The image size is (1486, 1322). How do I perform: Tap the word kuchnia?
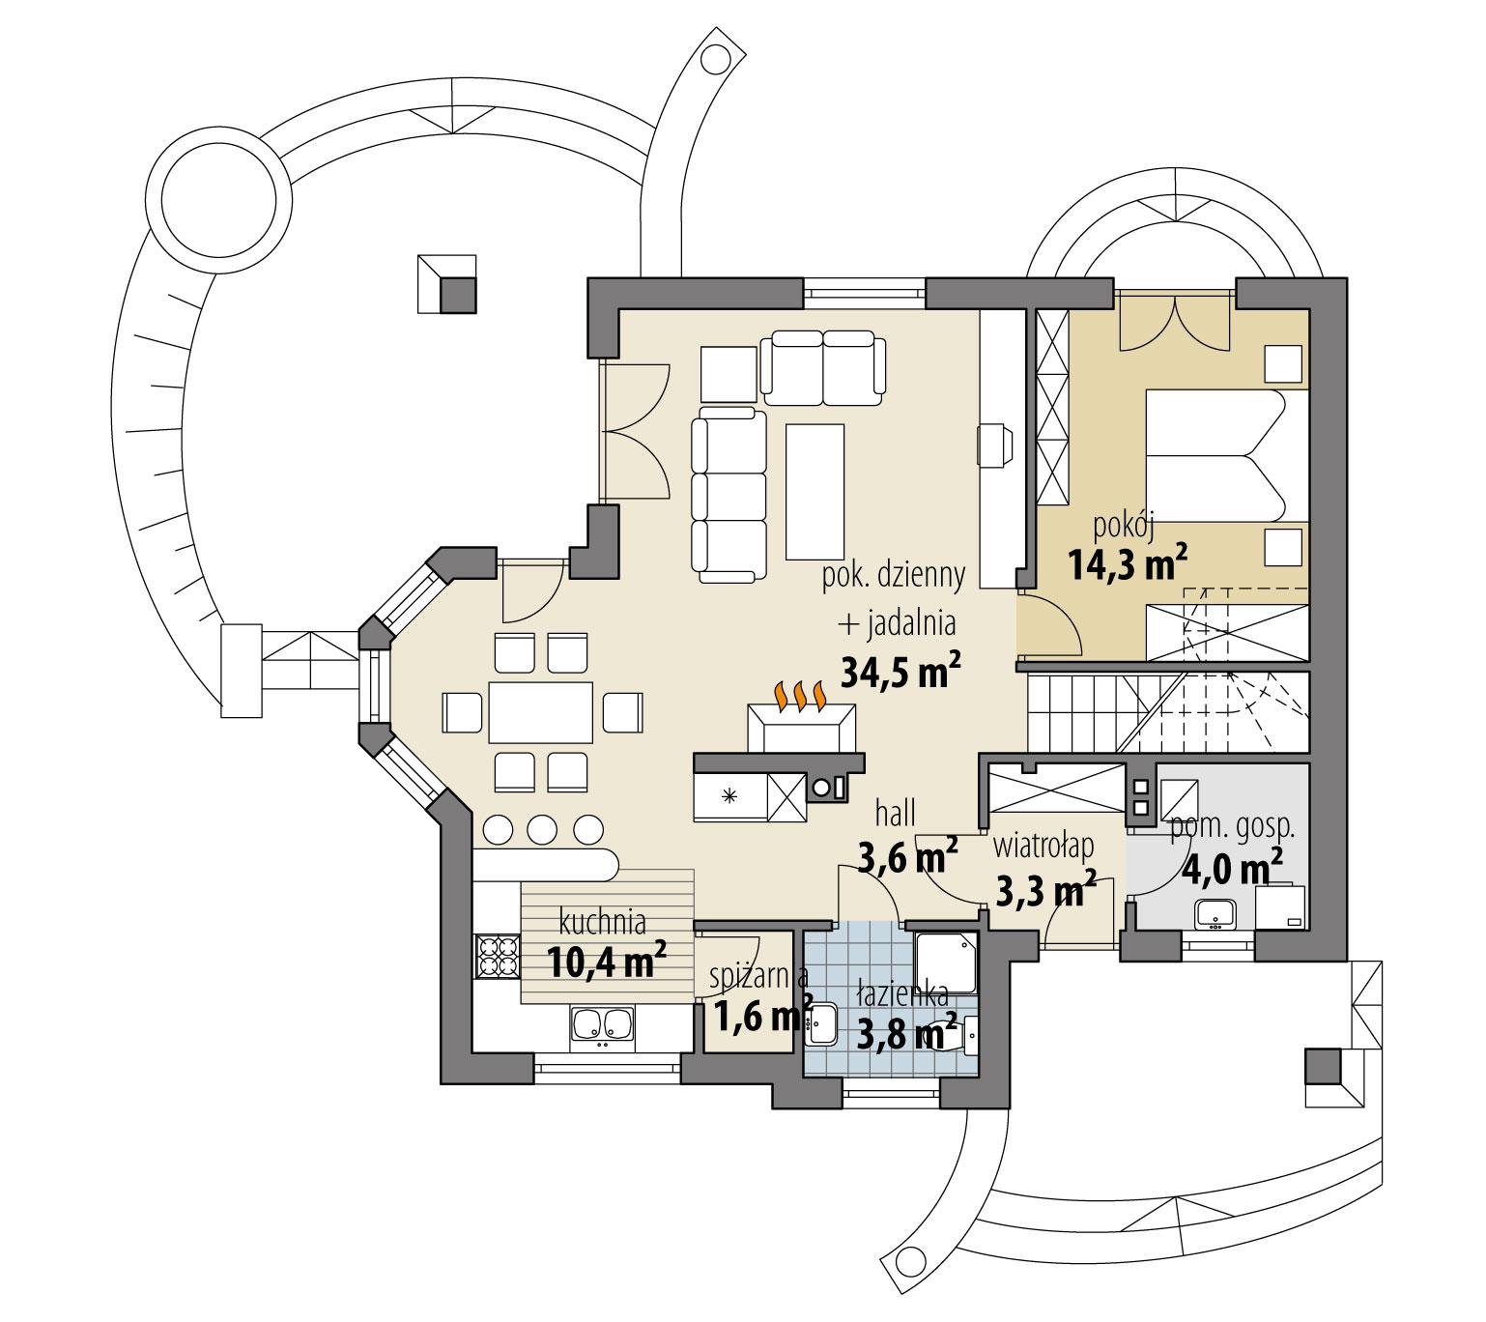pos(602,922)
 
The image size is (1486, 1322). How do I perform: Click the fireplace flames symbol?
pos(799,694)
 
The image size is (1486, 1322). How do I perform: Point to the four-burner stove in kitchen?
pos(497,957)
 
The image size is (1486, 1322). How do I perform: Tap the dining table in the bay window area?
pos(540,712)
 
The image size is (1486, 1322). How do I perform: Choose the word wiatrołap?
pos(1043,846)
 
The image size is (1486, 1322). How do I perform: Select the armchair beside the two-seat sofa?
pos(727,374)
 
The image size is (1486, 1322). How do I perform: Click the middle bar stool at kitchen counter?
pos(542,829)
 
